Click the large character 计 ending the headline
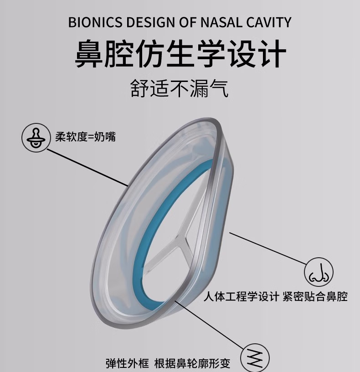click(269, 54)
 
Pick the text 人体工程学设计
click(241, 297)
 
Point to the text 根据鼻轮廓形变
click(192, 363)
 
